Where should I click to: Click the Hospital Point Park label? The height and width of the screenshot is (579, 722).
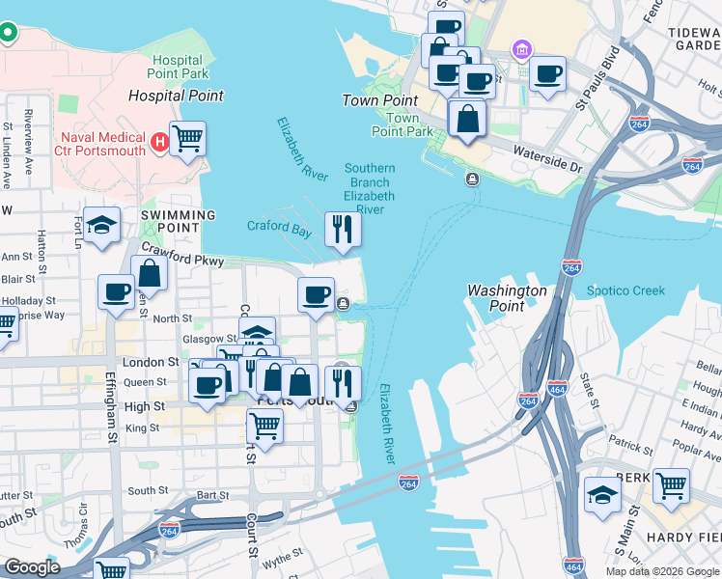coord(178,66)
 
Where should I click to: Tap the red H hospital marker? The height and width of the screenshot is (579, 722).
coord(160,144)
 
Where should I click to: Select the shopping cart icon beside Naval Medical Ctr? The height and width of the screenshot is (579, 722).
coord(187,138)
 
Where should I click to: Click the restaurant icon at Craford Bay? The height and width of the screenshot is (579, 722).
coord(343,229)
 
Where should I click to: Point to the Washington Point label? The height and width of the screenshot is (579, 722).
coord(507,297)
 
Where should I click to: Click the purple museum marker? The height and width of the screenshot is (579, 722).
coord(522,49)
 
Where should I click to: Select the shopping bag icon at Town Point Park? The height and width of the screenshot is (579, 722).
coord(467,120)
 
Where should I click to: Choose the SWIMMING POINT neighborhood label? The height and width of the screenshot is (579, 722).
coord(178,215)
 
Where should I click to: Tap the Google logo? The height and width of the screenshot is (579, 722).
coord(32,567)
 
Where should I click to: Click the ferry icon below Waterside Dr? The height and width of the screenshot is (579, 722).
coord(472,179)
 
